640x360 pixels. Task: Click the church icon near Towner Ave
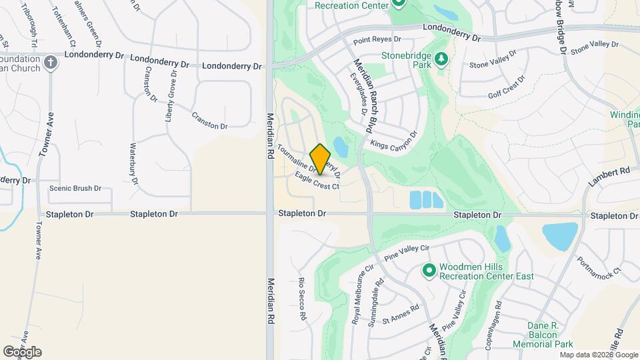tap(51, 64)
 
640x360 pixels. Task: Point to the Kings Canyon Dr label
tap(393, 139)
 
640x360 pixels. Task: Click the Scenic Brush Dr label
tap(75, 188)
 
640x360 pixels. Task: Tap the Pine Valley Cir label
tap(407, 252)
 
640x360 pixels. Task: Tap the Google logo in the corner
tap(21, 352)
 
